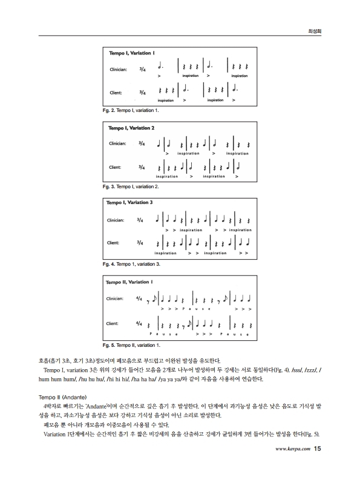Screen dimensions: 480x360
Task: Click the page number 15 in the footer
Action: pos(317,465)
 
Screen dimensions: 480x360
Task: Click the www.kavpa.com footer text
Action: pos(293,466)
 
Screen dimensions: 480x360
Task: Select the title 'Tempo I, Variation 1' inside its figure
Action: pos(131,54)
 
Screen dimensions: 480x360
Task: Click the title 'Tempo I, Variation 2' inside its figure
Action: pos(131,128)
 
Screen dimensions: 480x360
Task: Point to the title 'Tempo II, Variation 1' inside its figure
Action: pos(129,282)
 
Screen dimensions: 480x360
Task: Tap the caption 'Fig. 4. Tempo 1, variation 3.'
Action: pos(131,265)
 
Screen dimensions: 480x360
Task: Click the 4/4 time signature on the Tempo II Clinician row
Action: pos(139,299)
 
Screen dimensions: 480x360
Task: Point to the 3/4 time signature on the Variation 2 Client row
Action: pos(141,166)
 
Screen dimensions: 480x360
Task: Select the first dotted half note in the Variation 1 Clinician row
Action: pos(159,65)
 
